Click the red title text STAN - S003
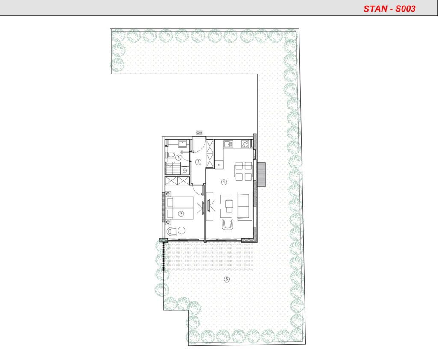click(x=389, y=9)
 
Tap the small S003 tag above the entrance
click(x=199, y=133)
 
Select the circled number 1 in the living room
click(x=224, y=182)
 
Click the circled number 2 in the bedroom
click(x=181, y=214)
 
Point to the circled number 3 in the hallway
click(x=198, y=162)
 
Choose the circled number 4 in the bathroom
click(x=178, y=157)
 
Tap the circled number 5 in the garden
click(x=227, y=279)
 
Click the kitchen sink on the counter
click(x=228, y=144)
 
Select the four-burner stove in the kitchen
click(x=245, y=144)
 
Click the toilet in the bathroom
click(x=170, y=155)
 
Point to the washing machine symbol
click(x=185, y=170)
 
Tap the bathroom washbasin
click(x=183, y=144)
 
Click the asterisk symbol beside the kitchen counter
click(x=219, y=165)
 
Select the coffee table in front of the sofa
click(x=229, y=206)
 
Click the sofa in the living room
click(x=245, y=206)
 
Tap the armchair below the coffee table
click(x=228, y=224)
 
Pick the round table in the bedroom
click(x=182, y=231)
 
